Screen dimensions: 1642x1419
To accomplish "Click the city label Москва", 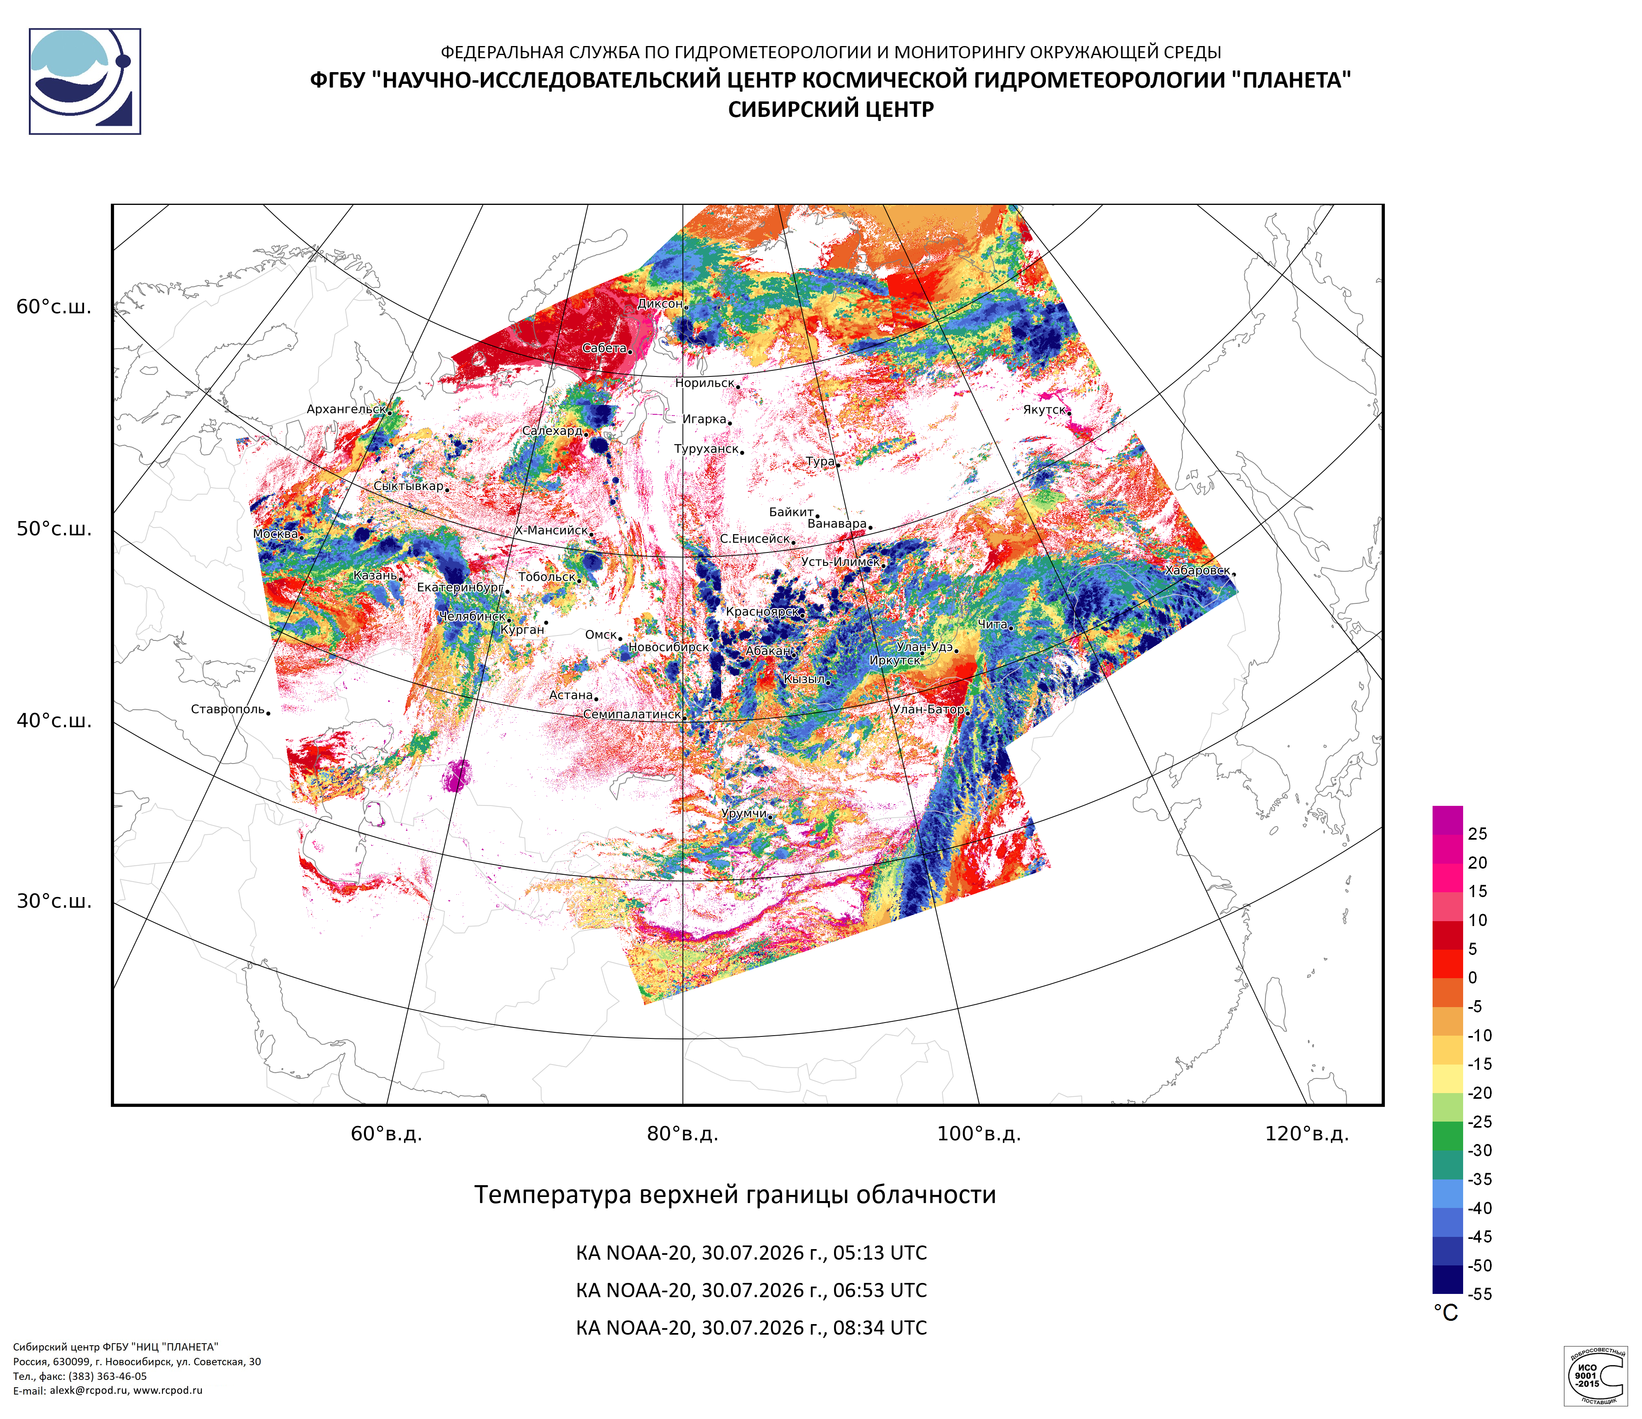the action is [275, 534].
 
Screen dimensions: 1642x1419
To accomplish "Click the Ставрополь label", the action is [227, 709].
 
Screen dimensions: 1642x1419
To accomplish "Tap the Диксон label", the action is [659, 304].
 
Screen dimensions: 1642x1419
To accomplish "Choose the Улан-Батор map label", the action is [928, 709].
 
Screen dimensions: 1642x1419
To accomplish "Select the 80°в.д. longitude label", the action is [682, 1134].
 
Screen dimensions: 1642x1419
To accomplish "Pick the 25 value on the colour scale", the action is [1477, 834].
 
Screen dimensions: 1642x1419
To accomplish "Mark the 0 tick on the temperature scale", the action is [1473, 978].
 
